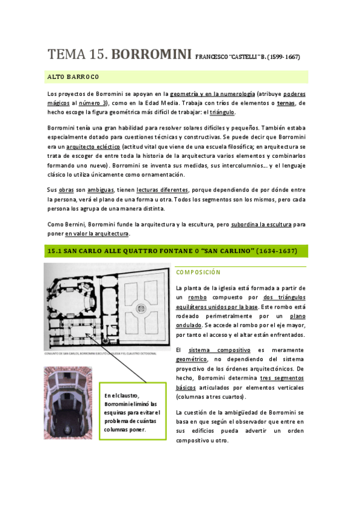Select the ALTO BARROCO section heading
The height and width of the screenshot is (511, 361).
click(73, 77)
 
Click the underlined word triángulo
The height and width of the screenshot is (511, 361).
click(222, 112)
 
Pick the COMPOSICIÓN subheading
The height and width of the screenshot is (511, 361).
click(198, 272)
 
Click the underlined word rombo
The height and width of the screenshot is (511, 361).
click(197, 297)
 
